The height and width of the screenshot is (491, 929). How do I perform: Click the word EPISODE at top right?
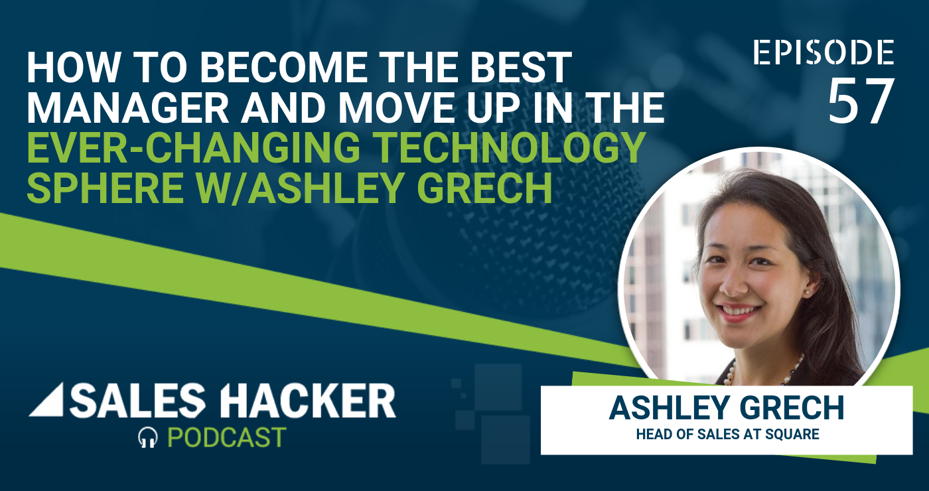823,52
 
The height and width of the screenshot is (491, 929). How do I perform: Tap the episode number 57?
860,102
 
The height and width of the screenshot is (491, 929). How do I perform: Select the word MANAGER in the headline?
127,107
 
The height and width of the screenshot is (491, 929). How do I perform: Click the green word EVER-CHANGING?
193,147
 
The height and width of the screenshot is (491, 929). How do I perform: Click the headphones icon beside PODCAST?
147,437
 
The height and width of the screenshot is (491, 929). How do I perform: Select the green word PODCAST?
226,437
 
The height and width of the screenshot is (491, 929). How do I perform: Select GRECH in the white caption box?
792,408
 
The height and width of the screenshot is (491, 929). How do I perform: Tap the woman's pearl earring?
807,293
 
